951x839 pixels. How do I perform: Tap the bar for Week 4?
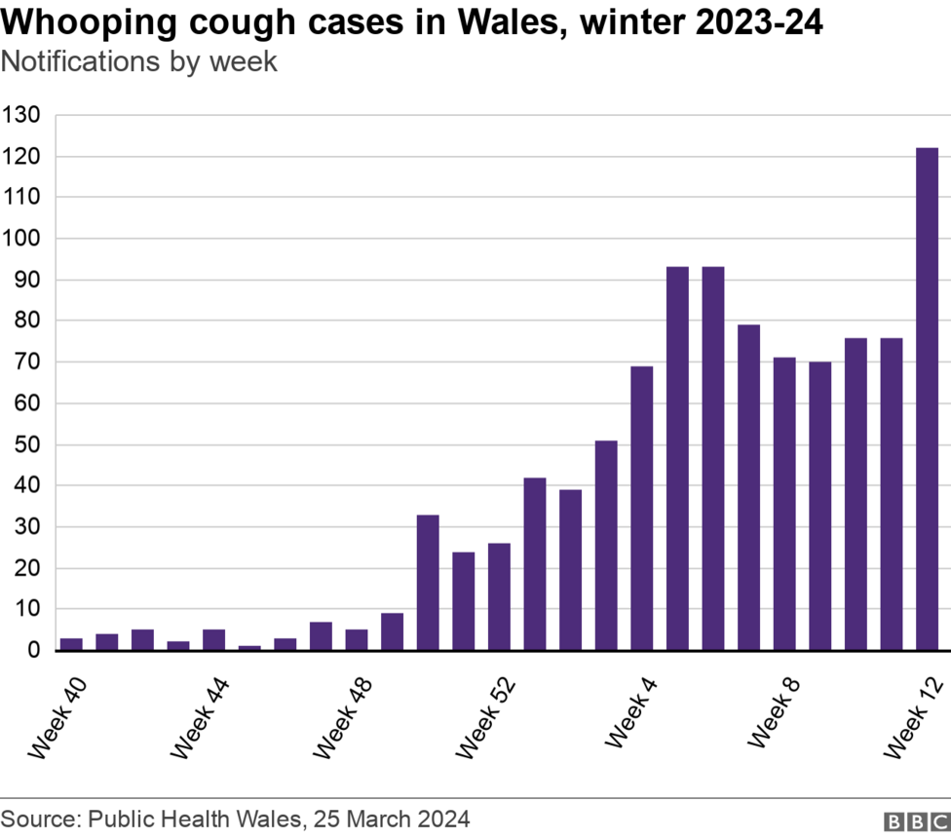point(641,507)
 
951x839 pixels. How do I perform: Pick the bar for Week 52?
point(499,595)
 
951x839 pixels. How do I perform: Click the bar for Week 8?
point(784,503)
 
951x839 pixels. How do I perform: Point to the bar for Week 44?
point(213,639)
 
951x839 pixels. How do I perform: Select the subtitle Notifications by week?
point(138,61)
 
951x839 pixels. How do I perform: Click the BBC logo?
point(916,820)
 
